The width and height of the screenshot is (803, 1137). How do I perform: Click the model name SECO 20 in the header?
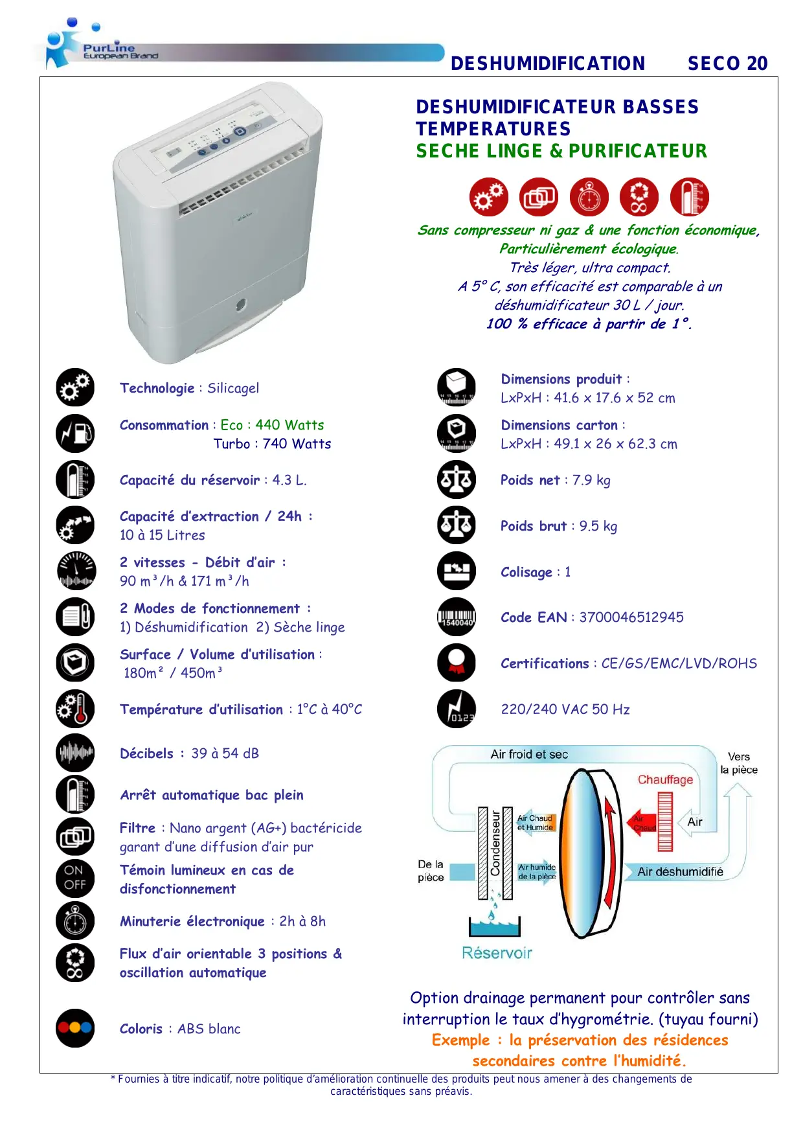727,63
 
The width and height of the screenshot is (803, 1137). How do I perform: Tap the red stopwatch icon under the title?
589,197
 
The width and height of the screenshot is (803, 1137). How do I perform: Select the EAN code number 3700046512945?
631,617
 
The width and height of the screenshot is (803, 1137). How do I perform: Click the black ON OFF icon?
75,878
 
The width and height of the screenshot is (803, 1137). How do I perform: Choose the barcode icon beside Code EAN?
457,617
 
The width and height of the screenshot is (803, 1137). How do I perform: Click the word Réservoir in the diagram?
497,952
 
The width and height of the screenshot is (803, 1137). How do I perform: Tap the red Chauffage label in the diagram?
665,779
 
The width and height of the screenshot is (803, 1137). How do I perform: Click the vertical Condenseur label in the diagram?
495,844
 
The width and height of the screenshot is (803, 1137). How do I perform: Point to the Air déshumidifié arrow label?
680,872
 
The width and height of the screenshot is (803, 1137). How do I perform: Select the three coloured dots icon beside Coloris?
75,1028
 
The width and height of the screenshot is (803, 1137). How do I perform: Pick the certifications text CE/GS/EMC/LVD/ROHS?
679,663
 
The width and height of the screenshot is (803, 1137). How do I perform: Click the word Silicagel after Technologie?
233,388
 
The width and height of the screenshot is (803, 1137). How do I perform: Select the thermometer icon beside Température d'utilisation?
75,709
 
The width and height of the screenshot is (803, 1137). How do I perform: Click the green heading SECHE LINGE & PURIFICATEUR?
561,151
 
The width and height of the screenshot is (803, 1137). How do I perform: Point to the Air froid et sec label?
529,754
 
